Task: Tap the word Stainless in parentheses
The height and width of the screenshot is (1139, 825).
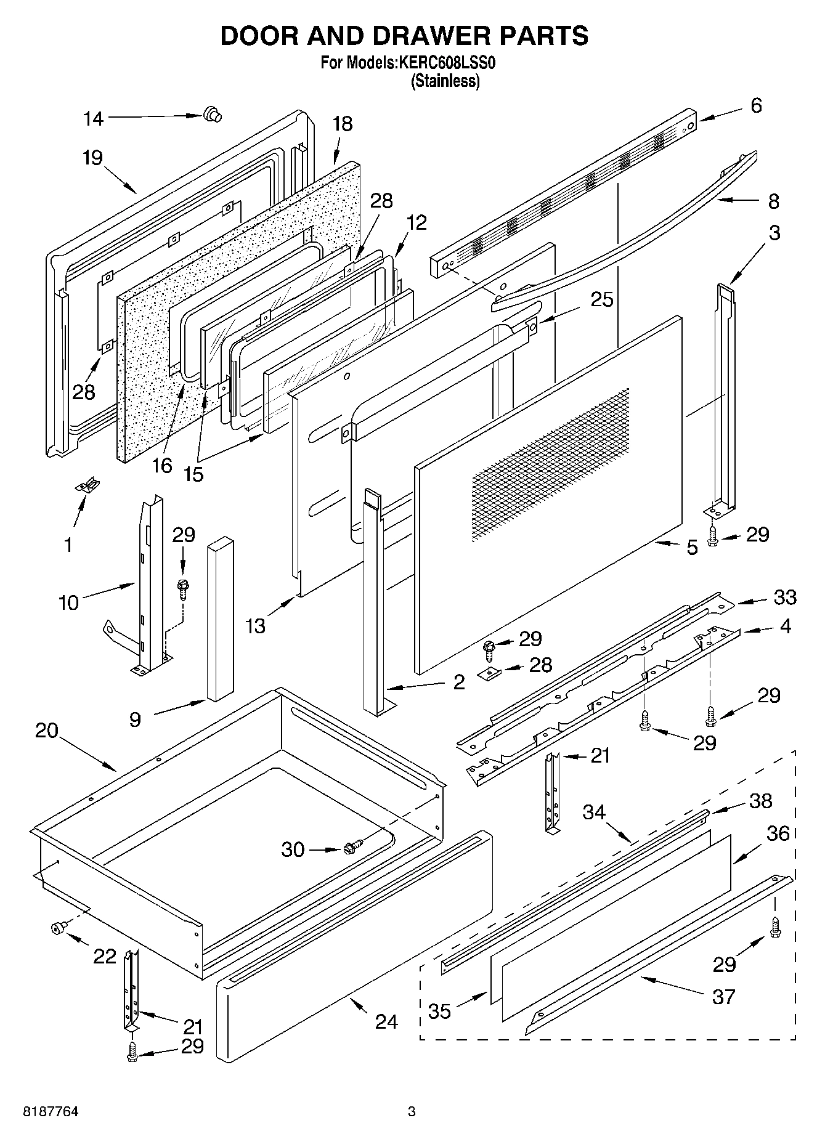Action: [x=445, y=81]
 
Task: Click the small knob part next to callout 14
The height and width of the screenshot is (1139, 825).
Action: [x=212, y=114]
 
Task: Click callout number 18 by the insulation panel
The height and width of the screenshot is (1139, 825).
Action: [x=342, y=124]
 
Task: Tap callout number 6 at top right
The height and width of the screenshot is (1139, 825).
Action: [x=756, y=105]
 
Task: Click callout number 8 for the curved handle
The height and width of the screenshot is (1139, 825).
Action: [x=773, y=201]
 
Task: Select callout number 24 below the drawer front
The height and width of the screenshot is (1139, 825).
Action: [x=386, y=1021]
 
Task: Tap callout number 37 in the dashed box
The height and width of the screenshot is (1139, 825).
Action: [x=723, y=996]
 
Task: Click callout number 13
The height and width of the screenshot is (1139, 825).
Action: [x=255, y=626]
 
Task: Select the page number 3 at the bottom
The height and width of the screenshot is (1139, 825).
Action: [x=412, y=1113]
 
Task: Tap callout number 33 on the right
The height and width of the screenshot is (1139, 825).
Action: [x=785, y=597]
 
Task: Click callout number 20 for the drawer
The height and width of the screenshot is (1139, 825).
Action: [x=46, y=731]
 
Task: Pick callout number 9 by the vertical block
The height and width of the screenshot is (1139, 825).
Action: [x=135, y=719]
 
